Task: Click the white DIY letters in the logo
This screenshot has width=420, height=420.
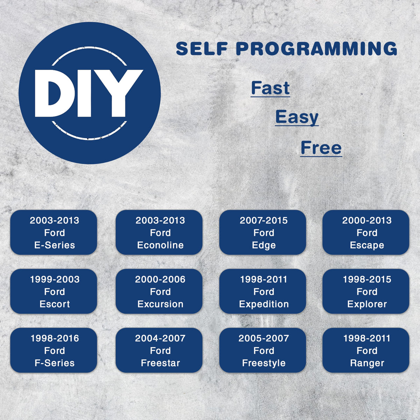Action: click(89, 93)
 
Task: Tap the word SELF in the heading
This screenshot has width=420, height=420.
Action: click(202, 49)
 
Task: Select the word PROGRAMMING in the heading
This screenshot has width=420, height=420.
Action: click(316, 49)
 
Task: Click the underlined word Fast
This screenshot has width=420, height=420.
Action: click(270, 88)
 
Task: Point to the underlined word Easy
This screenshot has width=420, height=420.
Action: click(297, 118)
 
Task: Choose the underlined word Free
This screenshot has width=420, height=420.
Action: click(321, 148)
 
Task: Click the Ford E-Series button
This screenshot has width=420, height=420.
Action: click(54, 232)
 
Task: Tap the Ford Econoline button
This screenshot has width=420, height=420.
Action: click(159, 232)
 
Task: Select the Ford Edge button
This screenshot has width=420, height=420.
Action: click(262, 232)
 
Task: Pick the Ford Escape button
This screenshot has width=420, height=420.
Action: click(366, 232)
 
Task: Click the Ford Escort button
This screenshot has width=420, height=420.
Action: click(54, 292)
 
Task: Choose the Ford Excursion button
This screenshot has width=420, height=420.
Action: click(159, 292)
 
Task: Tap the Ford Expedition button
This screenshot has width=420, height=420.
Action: click(262, 292)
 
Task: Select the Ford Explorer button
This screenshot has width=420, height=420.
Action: click(366, 292)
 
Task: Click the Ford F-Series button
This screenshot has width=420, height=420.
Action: click(54, 350)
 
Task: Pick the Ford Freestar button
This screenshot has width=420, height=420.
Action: click(159, 350)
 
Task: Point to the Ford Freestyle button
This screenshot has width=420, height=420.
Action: click(262, 350)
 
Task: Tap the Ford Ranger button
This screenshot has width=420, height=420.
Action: click(366, 350)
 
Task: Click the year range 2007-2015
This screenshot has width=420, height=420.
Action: click(264, 220)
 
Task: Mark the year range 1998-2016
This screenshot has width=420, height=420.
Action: click(55, 338)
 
